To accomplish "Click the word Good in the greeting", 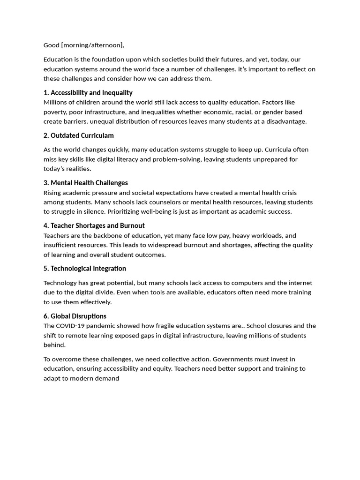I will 52,45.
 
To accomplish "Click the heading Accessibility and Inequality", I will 91,93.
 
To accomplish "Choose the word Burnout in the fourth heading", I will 132,226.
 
